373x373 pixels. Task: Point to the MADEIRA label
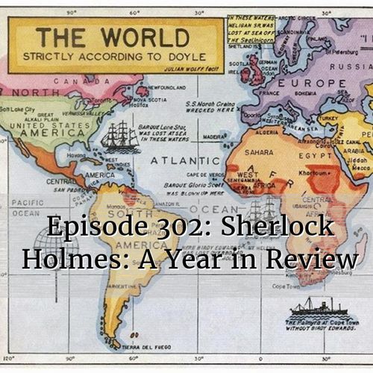(x=213, y=137)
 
